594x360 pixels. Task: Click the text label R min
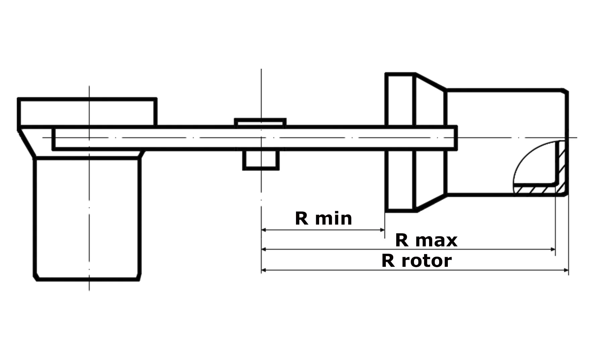[323, 219]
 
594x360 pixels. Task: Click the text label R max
[426, 240]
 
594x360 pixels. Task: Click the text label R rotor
[417, 261]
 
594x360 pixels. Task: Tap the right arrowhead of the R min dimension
[382, 230]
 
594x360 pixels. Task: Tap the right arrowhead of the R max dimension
[553, 249]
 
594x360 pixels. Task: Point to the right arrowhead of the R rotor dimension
[566, 270]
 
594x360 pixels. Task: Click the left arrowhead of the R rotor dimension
[264, 270]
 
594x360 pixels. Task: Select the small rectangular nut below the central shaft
[261, 160]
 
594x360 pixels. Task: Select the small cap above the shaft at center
[260, 122]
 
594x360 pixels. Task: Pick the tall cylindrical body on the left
[87, 219]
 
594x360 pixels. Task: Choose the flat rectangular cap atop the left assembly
[87, 112]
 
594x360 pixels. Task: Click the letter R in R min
[301, 219]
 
